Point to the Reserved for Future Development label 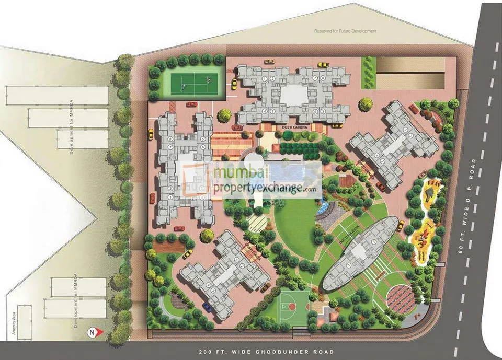coord(345,31)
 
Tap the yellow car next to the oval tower coord(401,225)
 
